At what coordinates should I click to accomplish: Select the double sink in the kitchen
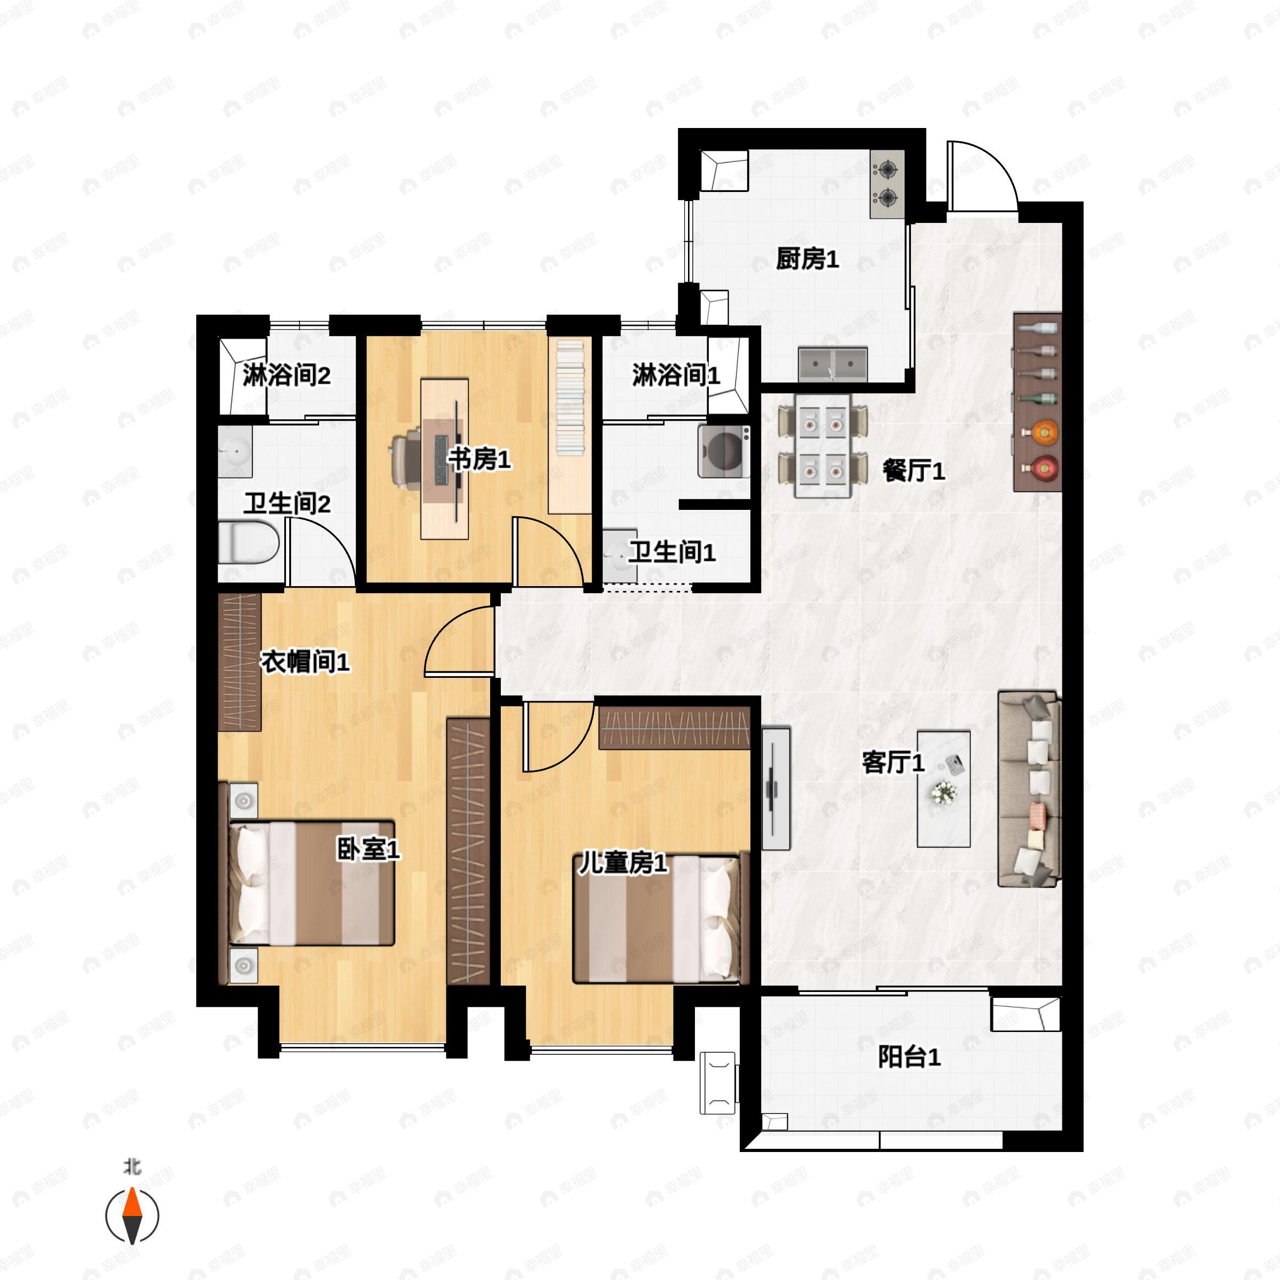point(833,364)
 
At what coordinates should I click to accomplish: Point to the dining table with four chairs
point(823,445)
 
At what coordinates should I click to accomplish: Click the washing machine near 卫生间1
point(724,451)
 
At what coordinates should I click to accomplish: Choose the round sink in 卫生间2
point(235,451)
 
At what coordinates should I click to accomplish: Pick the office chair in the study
point(405,458)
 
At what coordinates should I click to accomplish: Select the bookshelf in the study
point(570,426)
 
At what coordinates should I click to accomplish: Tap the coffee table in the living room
point(943,788)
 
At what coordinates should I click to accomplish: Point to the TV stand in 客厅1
point(776,788)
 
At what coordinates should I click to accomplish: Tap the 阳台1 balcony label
point(909,1057)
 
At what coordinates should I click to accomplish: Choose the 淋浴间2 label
point(286,375)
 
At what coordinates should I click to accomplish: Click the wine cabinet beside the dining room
point(1037,402)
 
